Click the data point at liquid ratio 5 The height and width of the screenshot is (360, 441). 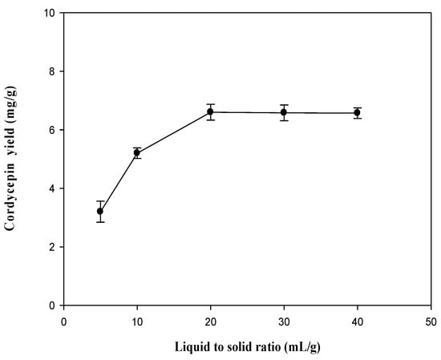pos(100,211)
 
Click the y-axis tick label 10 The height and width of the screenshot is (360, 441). pos(51,14)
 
